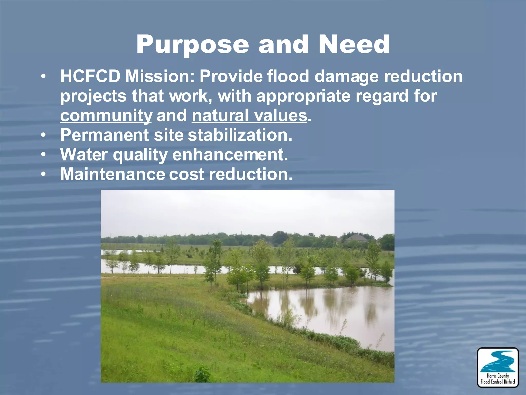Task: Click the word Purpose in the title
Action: [192, 45]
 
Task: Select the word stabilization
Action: [240, 135]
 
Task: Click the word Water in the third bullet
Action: [84, 155]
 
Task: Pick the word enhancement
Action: [230, 155]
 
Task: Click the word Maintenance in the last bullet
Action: [112, 174]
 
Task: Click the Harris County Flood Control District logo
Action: [498, 367]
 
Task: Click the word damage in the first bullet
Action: [346, 76]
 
